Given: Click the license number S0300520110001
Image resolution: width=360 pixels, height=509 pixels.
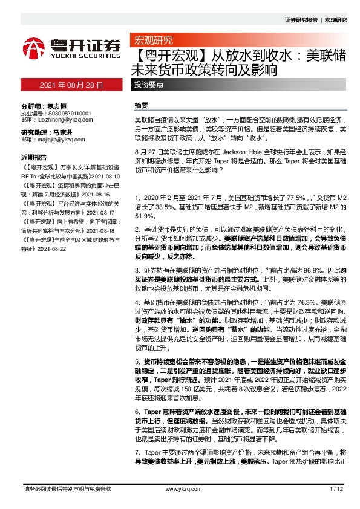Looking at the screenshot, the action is coord(65,113).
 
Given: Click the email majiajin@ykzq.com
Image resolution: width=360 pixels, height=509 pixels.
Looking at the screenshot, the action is coord(62,139).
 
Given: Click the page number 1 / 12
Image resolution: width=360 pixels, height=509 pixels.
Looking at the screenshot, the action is coord(336,488).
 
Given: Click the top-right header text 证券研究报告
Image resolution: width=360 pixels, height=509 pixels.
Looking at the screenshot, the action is coord(301,20).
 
